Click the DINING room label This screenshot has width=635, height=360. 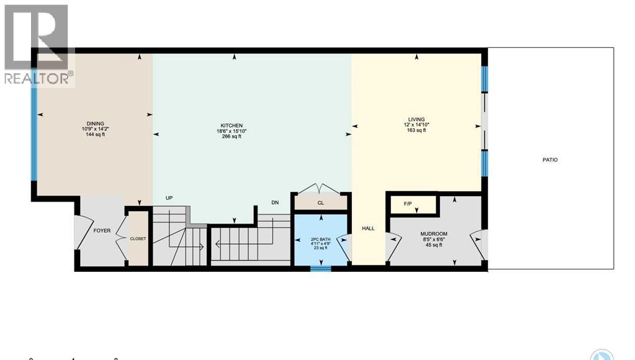[x=95, y=123]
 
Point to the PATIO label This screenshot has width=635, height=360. [x=550, y=160]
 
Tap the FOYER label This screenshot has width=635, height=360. [x=102, y=231]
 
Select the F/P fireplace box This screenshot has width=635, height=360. [x=408, y=204]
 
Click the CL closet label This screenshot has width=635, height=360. [x=320, y=203]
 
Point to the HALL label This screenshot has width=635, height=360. [x=368, y=228]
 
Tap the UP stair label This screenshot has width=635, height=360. [x=169, y=198]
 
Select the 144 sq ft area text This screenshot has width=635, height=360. [x=95, y=134]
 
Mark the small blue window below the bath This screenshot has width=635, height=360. [x=321, y=268]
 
